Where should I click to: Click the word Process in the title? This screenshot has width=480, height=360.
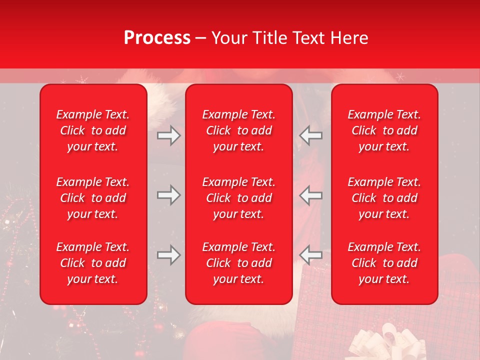coord(157,38)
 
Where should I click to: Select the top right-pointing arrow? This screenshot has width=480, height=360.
coord(168,135)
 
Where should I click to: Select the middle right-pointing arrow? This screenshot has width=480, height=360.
coord(168,195)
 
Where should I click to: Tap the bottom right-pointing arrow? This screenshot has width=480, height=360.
coord(168,255)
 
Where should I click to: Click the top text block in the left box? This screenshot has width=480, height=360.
coord(93,130)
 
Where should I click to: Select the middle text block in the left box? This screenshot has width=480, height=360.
coord(93,198)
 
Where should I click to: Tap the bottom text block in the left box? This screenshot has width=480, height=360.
coord(93,263)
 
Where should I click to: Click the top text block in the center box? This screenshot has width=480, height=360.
coord(238,130)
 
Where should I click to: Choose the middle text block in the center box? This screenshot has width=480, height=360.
coord(238,198)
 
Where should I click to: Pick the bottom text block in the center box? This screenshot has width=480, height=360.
coord(238,263)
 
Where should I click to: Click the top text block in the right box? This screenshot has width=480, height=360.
coord(384,130)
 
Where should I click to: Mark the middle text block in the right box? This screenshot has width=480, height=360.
coord(384,198)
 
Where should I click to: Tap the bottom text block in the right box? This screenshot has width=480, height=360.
coord(384,263)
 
